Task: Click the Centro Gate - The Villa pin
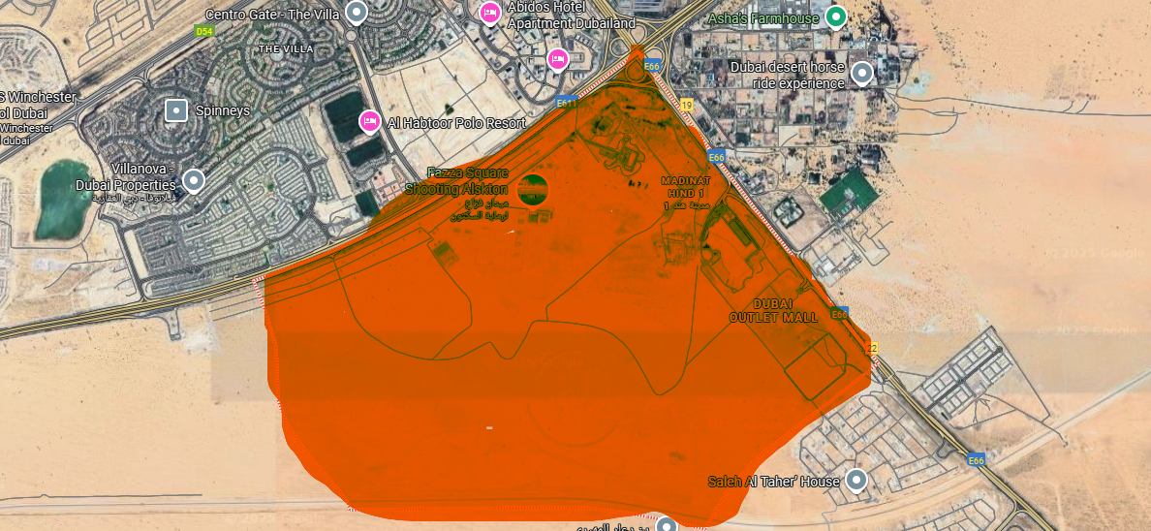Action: [x=357, y=13]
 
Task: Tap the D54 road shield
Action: [x=203, y=31]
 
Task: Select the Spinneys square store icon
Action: [x=175, y=110]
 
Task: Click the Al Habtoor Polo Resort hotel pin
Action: [x=369, y=121]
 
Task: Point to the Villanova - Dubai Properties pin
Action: [x=194, y=180]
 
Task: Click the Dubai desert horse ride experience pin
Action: [x=860, y=73]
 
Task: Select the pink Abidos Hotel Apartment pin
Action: [x=490, y=12]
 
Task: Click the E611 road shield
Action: [x=567, y=101]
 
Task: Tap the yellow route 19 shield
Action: [x=687, y=103]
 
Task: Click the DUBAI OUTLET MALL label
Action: [x=773, y=310]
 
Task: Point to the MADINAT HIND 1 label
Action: [x=685, y=187]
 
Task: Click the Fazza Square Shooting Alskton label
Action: [x=468, y=180]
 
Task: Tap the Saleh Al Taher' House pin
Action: [x=855, y=479]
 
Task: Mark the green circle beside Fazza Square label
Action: [x=533, y=189]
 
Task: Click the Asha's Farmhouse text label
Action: [x=763, y=17]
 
